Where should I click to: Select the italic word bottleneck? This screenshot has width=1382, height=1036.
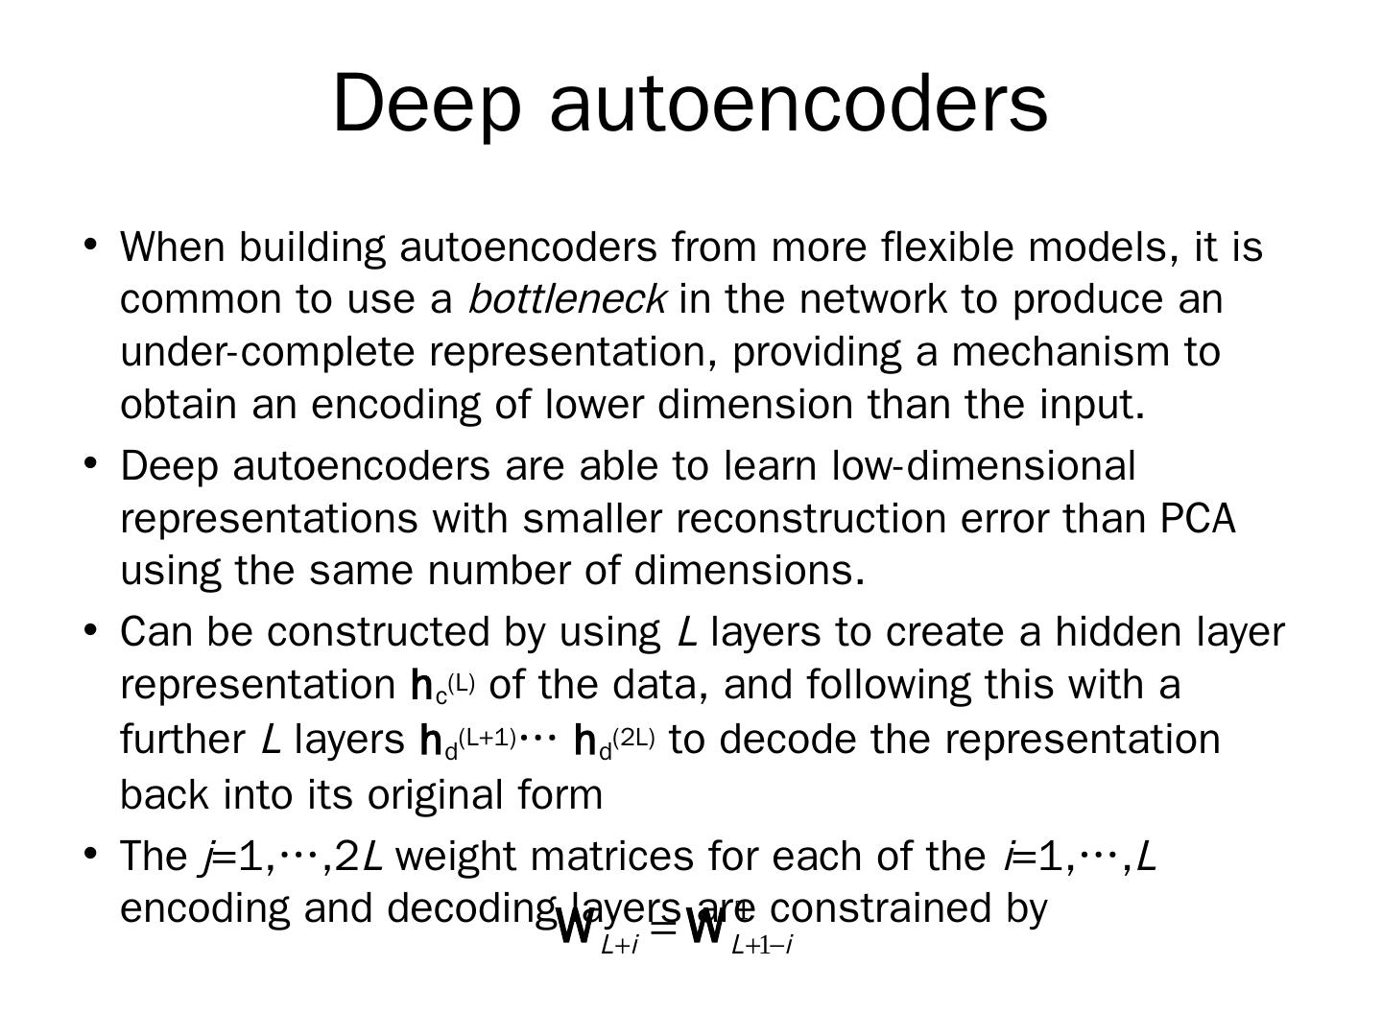[566, 299]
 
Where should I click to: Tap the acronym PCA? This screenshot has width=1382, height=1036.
[1198, 518]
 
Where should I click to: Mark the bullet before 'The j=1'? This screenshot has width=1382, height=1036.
[90, 853]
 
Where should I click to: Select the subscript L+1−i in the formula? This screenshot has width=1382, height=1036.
[761, 946]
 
